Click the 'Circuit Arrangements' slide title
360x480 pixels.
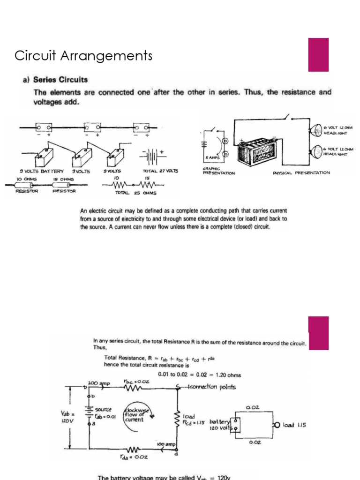(83, 56)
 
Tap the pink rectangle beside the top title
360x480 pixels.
(318, 55)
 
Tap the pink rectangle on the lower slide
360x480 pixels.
(318, 333)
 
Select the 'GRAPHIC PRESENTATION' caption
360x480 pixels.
(218, 171)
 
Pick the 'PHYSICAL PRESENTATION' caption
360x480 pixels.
(301, 172)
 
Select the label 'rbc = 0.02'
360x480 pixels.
(137, 382)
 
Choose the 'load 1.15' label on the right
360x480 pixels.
(294, 425)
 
